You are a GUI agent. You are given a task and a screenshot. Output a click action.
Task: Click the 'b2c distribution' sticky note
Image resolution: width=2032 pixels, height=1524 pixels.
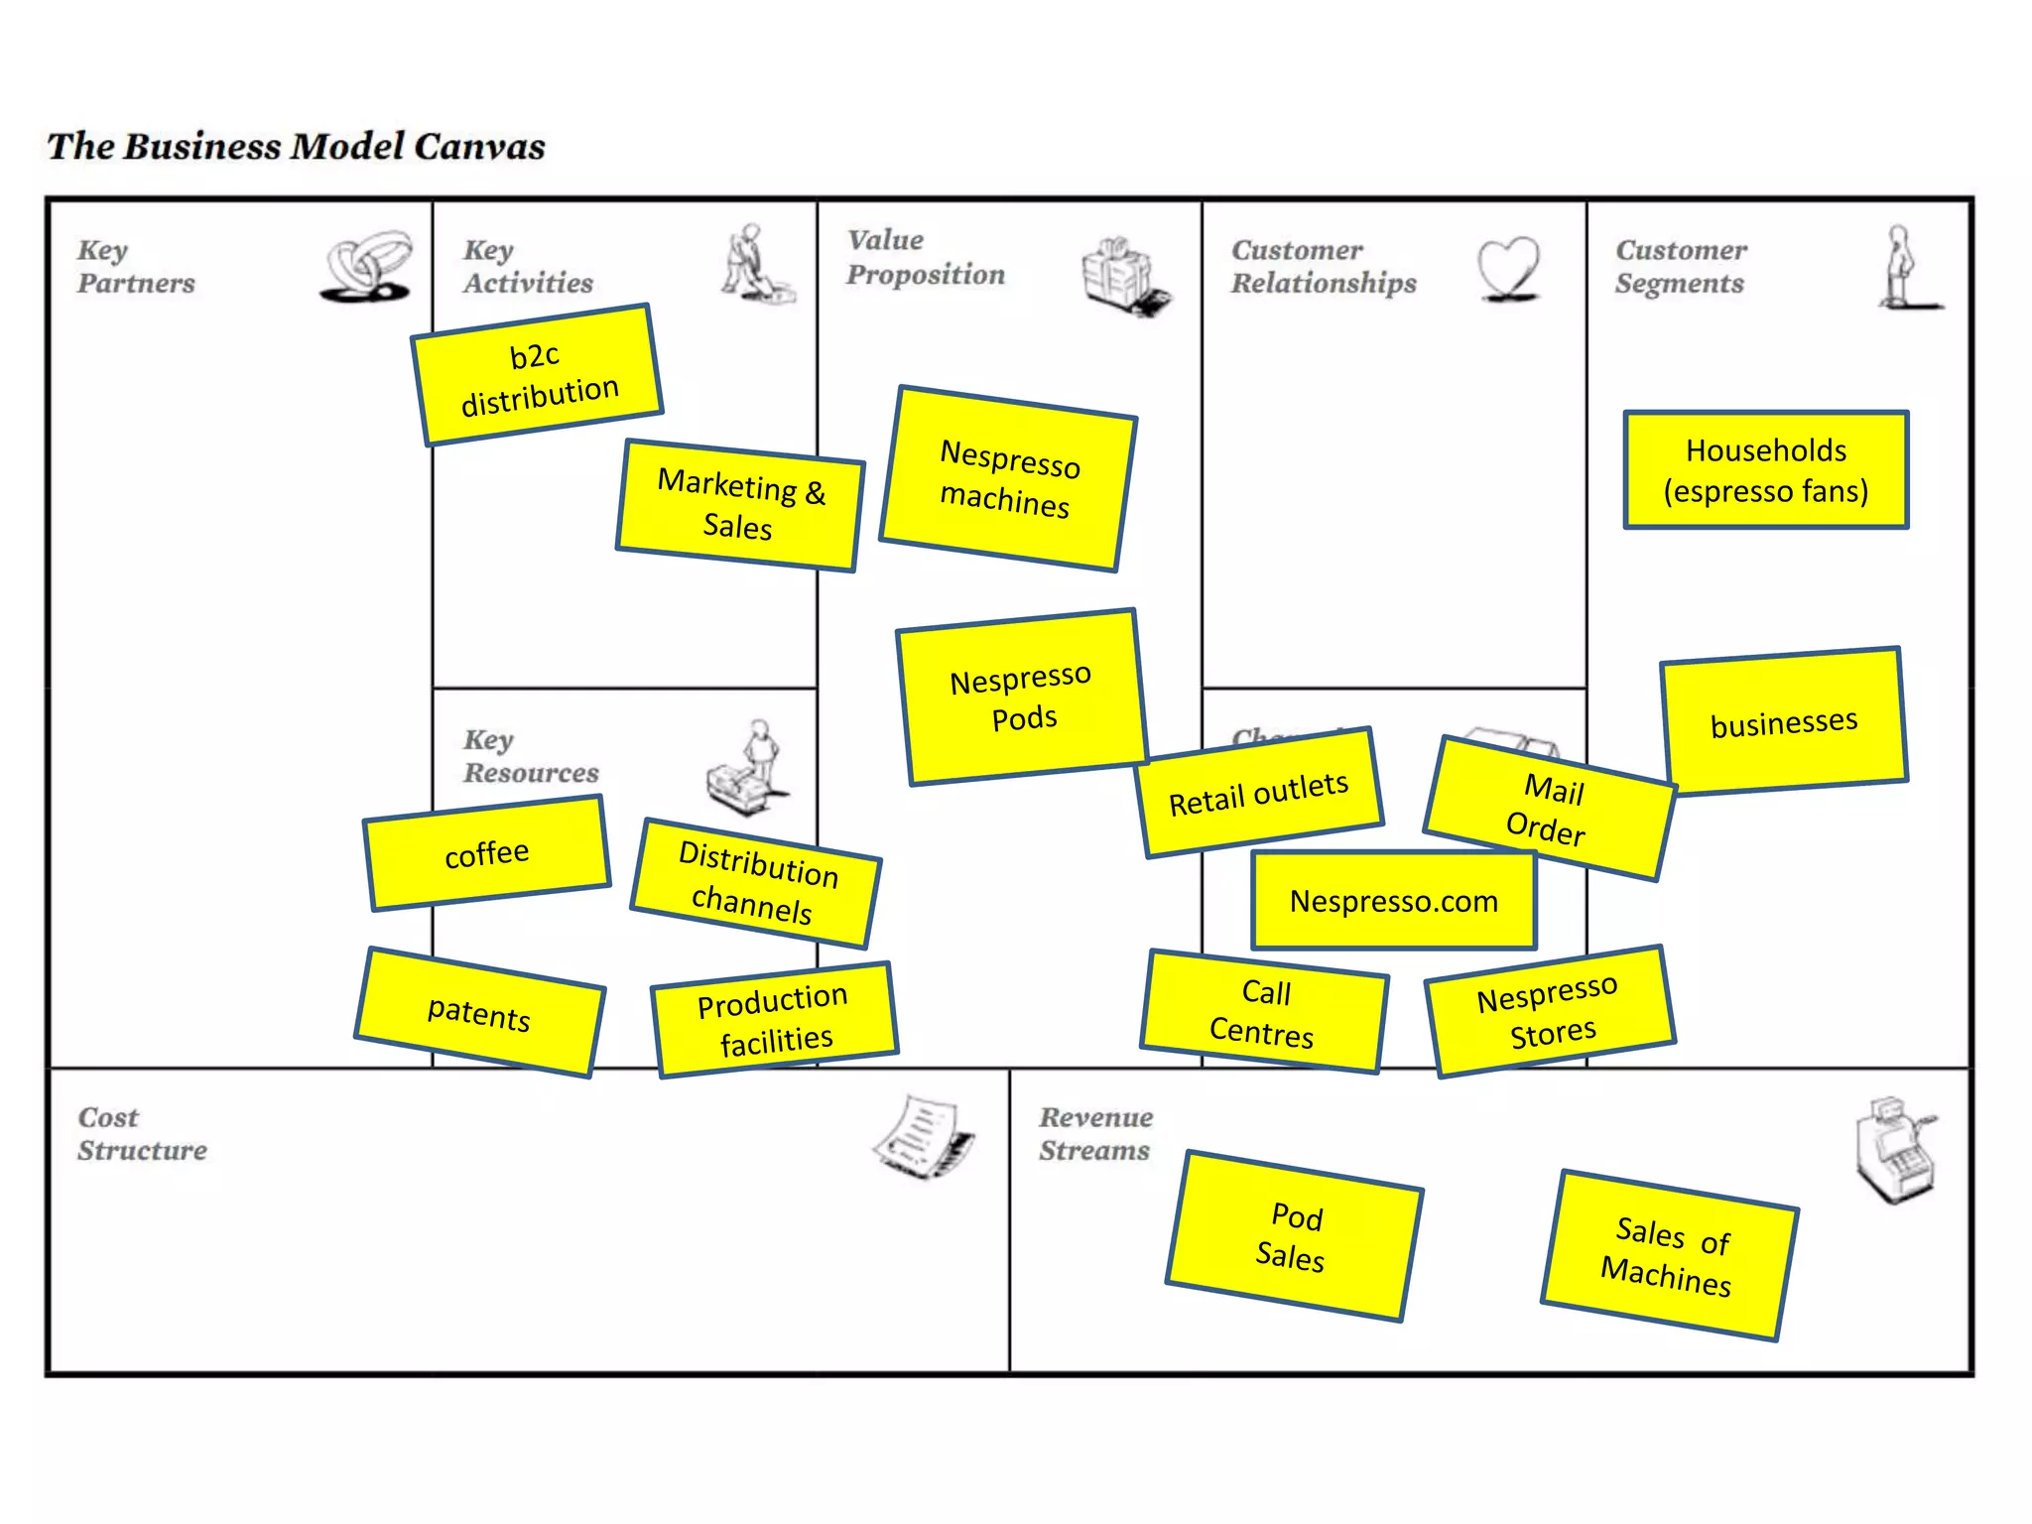point(537,374)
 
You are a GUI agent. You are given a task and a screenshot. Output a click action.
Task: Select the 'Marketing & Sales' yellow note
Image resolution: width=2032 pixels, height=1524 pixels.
point(740,505)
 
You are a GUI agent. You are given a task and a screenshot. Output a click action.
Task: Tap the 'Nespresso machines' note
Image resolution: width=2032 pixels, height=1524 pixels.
point(1008,478)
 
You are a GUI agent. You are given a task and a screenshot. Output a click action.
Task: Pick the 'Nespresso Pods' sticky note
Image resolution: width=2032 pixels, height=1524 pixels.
point(1022,698)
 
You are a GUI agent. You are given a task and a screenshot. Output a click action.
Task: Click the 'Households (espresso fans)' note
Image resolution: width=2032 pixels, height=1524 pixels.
point(1766,470)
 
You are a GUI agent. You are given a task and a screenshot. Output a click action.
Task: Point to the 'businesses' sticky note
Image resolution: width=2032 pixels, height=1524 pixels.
point(1784,721)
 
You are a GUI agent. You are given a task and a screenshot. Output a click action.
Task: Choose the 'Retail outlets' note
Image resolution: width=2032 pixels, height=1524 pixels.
point(1259,793)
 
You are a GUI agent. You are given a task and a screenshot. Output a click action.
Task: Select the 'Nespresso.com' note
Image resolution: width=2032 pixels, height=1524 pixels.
point(1393,901)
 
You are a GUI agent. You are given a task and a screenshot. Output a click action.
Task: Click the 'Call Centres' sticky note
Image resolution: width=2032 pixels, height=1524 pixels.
point(1263,1012)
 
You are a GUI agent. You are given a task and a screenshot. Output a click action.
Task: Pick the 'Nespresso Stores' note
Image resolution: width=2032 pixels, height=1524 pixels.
point(1550,1011)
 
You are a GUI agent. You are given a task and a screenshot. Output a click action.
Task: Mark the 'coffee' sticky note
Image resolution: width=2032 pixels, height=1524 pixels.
point(486,853)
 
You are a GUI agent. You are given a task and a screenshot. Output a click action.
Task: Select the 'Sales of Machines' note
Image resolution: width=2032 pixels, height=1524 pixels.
point(1669,1255)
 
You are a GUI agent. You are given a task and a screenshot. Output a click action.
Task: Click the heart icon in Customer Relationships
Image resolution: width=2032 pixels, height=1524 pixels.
point(1508,268)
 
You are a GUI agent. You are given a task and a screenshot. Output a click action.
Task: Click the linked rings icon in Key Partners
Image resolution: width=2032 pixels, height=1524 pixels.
point(367,266)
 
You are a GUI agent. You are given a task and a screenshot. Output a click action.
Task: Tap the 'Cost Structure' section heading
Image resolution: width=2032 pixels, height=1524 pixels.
point(142,1133)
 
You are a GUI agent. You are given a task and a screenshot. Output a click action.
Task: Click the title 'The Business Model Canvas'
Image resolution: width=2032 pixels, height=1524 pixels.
point(296,147)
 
